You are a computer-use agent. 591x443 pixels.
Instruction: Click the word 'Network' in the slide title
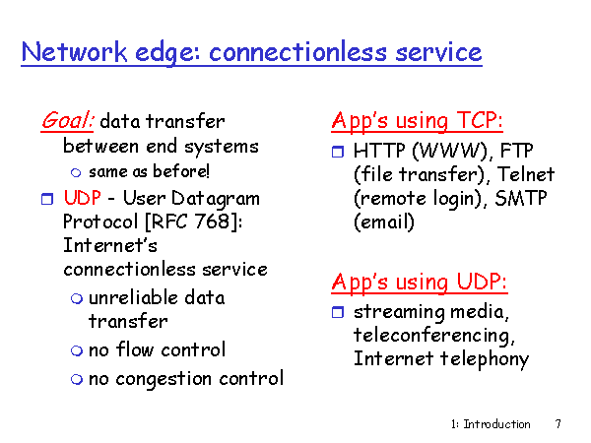pos(74,51)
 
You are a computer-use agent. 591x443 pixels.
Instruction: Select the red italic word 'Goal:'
pos(67,120)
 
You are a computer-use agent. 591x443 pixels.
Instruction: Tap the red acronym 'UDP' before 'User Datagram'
pos(82,198)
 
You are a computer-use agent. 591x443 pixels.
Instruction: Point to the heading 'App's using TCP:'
pos(418,120)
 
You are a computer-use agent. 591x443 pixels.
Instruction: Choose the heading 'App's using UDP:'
pos(420,282)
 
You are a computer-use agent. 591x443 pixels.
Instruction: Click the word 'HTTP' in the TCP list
pos(379,151)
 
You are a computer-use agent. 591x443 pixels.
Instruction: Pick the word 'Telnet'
pos(526,174)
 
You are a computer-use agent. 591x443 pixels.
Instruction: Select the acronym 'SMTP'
pos(520,198)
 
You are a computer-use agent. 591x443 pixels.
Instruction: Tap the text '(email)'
pos(384,221)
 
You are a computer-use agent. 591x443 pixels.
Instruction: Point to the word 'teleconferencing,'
pos(434,336)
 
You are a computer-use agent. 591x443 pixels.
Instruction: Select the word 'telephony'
pos(485,359)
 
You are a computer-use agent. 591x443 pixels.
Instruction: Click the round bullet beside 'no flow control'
pos(77,350)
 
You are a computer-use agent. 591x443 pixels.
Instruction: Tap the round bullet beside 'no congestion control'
pos(77,379)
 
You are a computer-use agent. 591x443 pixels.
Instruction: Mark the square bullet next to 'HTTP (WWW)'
pos(338,152)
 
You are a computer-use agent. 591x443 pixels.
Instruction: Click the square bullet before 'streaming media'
pos(338,312)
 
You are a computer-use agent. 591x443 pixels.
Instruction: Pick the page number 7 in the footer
pos(558,423)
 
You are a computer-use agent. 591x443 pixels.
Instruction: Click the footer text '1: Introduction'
pos(491,424)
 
